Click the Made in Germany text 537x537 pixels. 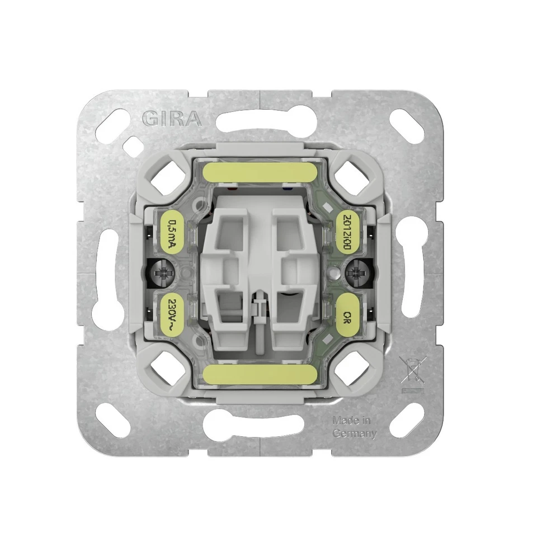(354, 427)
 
